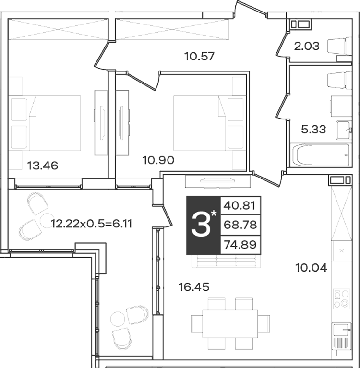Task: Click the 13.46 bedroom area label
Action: tap(43, 166)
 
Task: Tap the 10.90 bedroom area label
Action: tap(158, 160)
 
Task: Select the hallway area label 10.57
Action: tap(199, 56)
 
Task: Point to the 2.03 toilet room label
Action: tap(307, 46)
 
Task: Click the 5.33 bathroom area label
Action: tap(313, 130)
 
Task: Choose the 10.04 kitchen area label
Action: tap(311, 268)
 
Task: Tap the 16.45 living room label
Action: tap(194, 287)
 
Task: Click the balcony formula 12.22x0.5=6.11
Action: tap(91, 224)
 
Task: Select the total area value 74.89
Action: tap(240, 245)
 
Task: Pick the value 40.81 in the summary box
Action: tap(240, 206)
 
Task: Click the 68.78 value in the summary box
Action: tap(240, 225)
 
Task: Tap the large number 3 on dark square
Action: tap(201, 225)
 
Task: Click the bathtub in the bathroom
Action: tap(320, 155)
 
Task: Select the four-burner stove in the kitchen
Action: tap(342, 299)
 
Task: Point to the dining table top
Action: tap(230, 324)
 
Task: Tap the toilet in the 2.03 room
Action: tap(339, 46)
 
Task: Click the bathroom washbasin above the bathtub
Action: tap(344, 130)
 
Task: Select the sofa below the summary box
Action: tap(226, 261)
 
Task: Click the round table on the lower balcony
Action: tap(118, 319)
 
